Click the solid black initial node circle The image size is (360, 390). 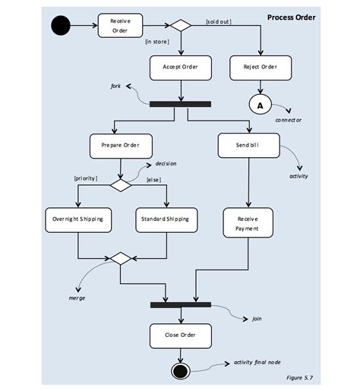pyautogui.click(x=61, y=25)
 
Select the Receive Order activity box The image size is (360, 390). pyautogui.click(x=120, y=26)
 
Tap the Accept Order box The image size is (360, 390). pyautogui.click(x=181, y=68)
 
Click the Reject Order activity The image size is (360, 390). pyautogui.click(x=261, y=68)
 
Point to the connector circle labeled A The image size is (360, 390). pyautogui.click(x=261, y=105)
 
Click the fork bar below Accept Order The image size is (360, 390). pyautogui.click(x=180, y=104)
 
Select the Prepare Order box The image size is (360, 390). pyautogui.click(x=121, y=146)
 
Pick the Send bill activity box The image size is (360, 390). pyautogui.click(x=249, y=146)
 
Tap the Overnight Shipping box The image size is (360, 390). pyautogui.click(x=78, y=220)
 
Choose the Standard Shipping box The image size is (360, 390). pyautogui.click(x=166, y=220)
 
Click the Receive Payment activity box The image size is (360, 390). pyautogui.click(x=248, y=223)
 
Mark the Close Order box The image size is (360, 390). pyautogui.click(x=181, y=336)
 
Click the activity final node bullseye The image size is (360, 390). pyautogui.click(x=180, y=371)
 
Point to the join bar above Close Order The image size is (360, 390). pyautogui.click(x=181, y=305)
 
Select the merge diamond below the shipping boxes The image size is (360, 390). pyautogui.click(x=121, y=258)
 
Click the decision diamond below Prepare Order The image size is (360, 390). pyautogui.click(x=121, y=185)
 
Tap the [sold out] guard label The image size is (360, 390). pyautogui.click(x=219, y=22)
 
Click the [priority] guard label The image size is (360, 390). pyautogui.click(x=86, y=178)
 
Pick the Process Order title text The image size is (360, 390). pyautogui.click(x=292, y=17)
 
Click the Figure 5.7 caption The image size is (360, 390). pyautogui.click(x=300, y=378)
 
